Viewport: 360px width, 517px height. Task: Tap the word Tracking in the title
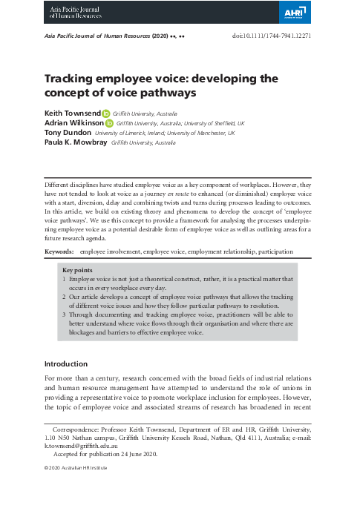tap(73, 78)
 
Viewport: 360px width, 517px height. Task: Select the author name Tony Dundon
tap(68, 133)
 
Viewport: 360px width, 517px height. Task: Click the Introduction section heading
tap(66, 364)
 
